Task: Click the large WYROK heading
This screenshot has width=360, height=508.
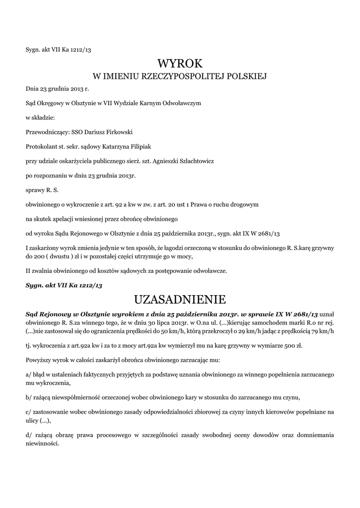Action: [x=180, y=63]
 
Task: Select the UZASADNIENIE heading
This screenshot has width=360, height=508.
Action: [x=180, y=300]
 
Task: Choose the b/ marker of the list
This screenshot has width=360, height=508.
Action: [x=28, y=397]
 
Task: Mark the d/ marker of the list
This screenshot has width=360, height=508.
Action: [x=29, y=435]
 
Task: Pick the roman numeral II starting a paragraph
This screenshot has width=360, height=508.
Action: [x=28, y=271]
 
